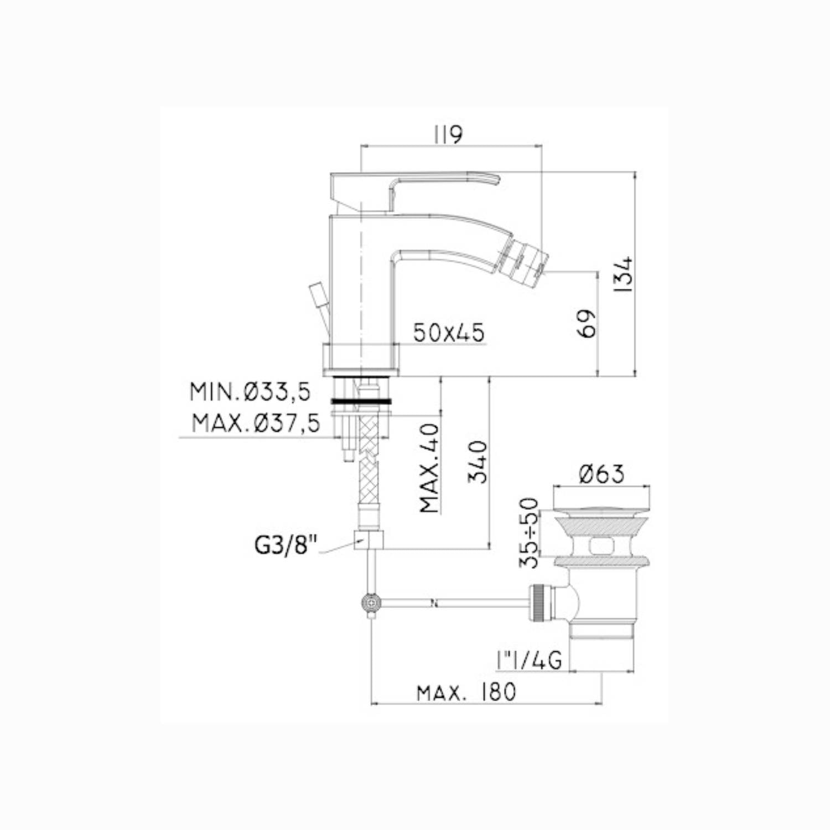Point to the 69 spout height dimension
588,323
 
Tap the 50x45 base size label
449,333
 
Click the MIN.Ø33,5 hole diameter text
250,392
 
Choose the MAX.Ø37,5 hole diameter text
256,424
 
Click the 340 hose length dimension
478,462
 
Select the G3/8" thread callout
286,545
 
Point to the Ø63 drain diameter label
601,474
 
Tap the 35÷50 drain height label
529,532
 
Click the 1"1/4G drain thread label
529,660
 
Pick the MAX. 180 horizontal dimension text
466,692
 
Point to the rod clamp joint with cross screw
370,601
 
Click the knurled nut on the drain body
539,604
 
